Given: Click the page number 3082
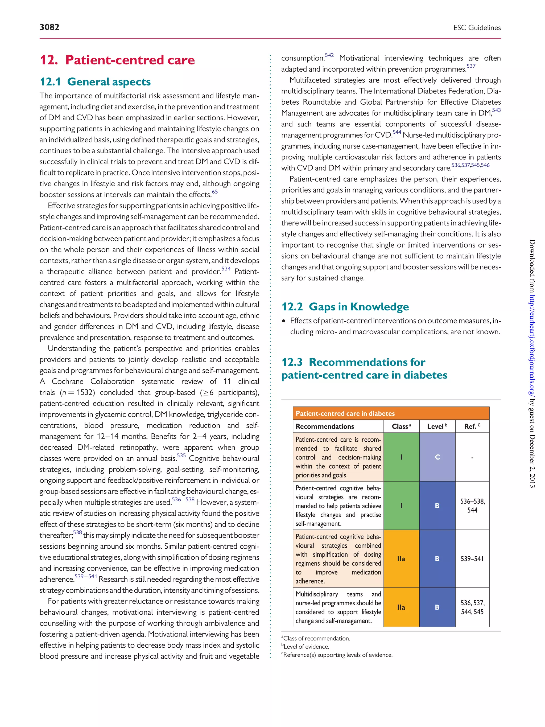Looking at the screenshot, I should point(49,27).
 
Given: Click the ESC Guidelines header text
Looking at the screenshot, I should point(477,28).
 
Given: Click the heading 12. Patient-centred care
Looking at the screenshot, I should point(117,60).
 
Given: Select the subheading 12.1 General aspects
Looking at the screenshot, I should point(95,81).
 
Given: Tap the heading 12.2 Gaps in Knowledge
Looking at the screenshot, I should point(345,307).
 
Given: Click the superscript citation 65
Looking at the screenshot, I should point(214,192).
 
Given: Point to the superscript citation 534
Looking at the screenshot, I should point(226,269).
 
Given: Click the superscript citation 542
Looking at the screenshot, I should point(329,55).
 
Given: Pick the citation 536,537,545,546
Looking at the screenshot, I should point(470,165).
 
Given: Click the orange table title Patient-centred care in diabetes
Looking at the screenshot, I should point(345,413).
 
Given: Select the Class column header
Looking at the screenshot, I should point(401,426).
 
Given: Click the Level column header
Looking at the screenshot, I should point(437,426).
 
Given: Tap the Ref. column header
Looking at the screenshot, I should point(472,426).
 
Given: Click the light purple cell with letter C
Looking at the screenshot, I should point(437,457).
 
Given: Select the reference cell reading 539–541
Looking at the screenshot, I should point(472,559).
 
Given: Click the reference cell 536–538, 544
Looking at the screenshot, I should point(472,506).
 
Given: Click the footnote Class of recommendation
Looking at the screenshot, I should point(316,638).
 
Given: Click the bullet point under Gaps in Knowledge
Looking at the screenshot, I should point(284,321).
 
